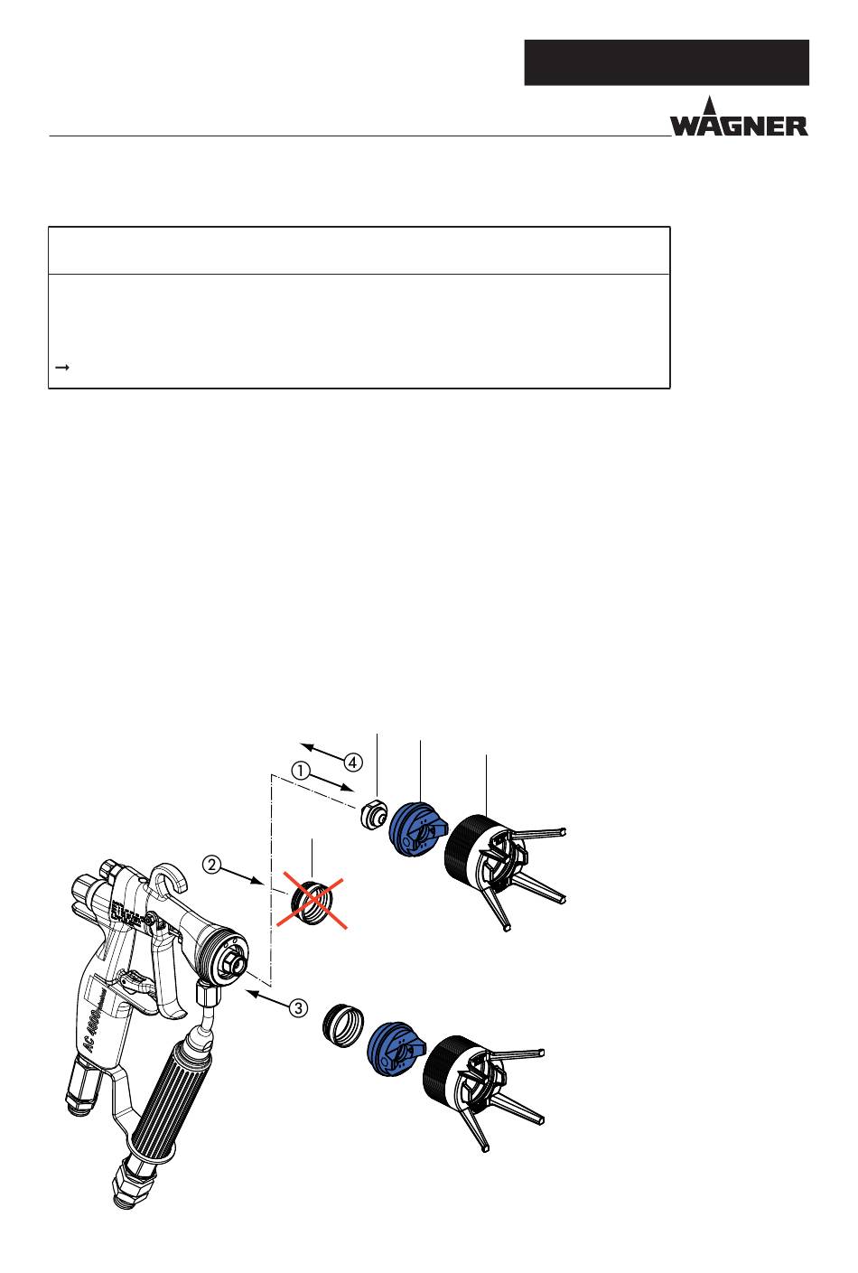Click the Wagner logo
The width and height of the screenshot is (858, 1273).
click(739, 117)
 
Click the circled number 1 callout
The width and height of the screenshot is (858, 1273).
click(301, 772)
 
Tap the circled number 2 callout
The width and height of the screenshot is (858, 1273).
click(211, 865)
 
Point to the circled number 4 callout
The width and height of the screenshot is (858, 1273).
click(353, 763)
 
